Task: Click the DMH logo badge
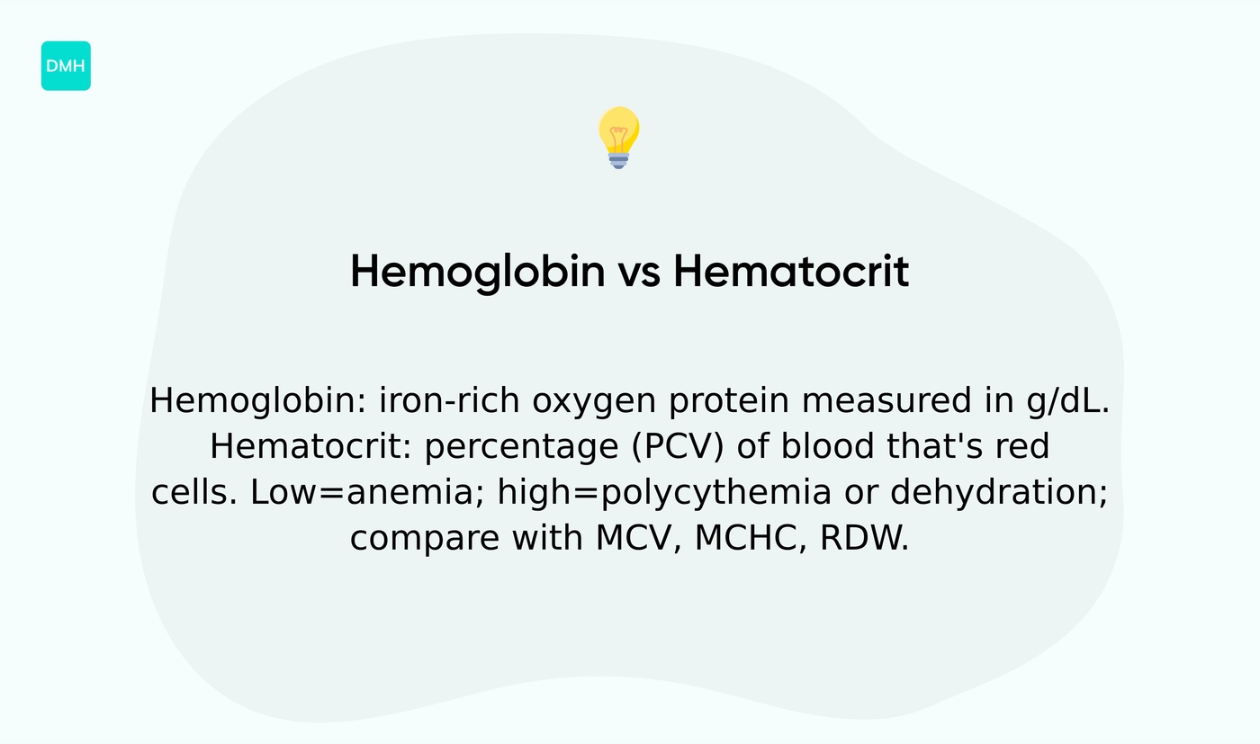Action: tap(66, 66)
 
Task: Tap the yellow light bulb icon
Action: tap(618, 137)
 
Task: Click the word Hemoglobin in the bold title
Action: tap(477, 271)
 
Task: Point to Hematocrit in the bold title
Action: tap(791, 271)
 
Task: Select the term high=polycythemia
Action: tap(664, 494)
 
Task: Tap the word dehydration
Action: tap(999, 493)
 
